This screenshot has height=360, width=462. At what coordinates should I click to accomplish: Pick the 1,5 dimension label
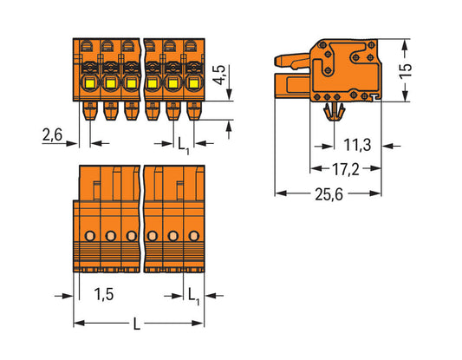[x=102, y=296]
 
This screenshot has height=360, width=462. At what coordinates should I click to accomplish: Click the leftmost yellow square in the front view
[x=89, y=84]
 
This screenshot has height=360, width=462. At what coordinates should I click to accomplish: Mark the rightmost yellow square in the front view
[x=192, y=84]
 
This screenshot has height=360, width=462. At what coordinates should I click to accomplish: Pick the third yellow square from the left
[x=131, y=84]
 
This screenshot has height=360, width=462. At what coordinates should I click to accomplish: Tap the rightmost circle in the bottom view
[x=192, y=236]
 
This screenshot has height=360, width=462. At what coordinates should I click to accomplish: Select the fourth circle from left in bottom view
[x=152, y=236]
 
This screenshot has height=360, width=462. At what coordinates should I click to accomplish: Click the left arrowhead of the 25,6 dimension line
[x=278, y=193]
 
